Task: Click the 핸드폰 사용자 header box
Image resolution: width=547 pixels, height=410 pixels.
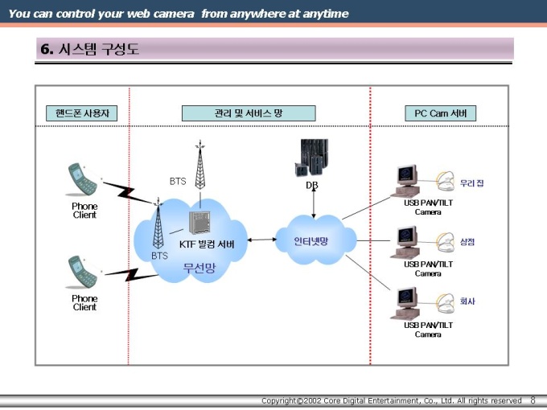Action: click(81, 114)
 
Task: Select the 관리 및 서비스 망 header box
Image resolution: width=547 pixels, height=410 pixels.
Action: click(249, 114)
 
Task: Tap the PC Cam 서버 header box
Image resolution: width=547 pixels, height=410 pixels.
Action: click(440, 114)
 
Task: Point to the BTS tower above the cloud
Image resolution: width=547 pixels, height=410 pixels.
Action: click(199, 165)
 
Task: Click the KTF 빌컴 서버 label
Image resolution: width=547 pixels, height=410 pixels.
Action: click(207, 244)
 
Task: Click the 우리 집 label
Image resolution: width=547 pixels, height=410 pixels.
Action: click(471, 183)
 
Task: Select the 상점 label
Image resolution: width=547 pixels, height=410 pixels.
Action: click(467, 242)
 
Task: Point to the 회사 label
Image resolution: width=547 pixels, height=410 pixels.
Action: click(467, 301)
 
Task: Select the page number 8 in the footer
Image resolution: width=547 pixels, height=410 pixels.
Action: click(533, 400)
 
